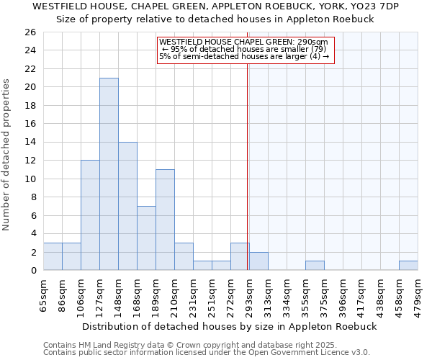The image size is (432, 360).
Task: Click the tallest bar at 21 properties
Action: tap(109, 174)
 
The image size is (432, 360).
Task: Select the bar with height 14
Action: tap(127, 206)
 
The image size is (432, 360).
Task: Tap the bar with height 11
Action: tap(165, 220)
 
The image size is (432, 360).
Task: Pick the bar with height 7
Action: tap(146, 238)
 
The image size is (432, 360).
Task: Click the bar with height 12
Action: tap(90, 215)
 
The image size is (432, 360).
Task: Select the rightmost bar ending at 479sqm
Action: tap(408, 266)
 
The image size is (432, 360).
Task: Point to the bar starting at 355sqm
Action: tap(315, 266)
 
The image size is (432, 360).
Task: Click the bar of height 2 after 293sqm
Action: tap(258, 261)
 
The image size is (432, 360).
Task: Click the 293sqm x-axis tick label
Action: tap(248, 294)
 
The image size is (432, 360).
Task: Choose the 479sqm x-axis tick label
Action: tap(418, 294)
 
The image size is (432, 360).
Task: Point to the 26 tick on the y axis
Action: tap(30, 32)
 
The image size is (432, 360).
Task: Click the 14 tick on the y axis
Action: tap(30, 143)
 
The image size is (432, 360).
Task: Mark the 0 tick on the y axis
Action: tap(32, 271)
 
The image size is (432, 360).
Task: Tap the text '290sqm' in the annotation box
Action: tap(314, 42)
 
